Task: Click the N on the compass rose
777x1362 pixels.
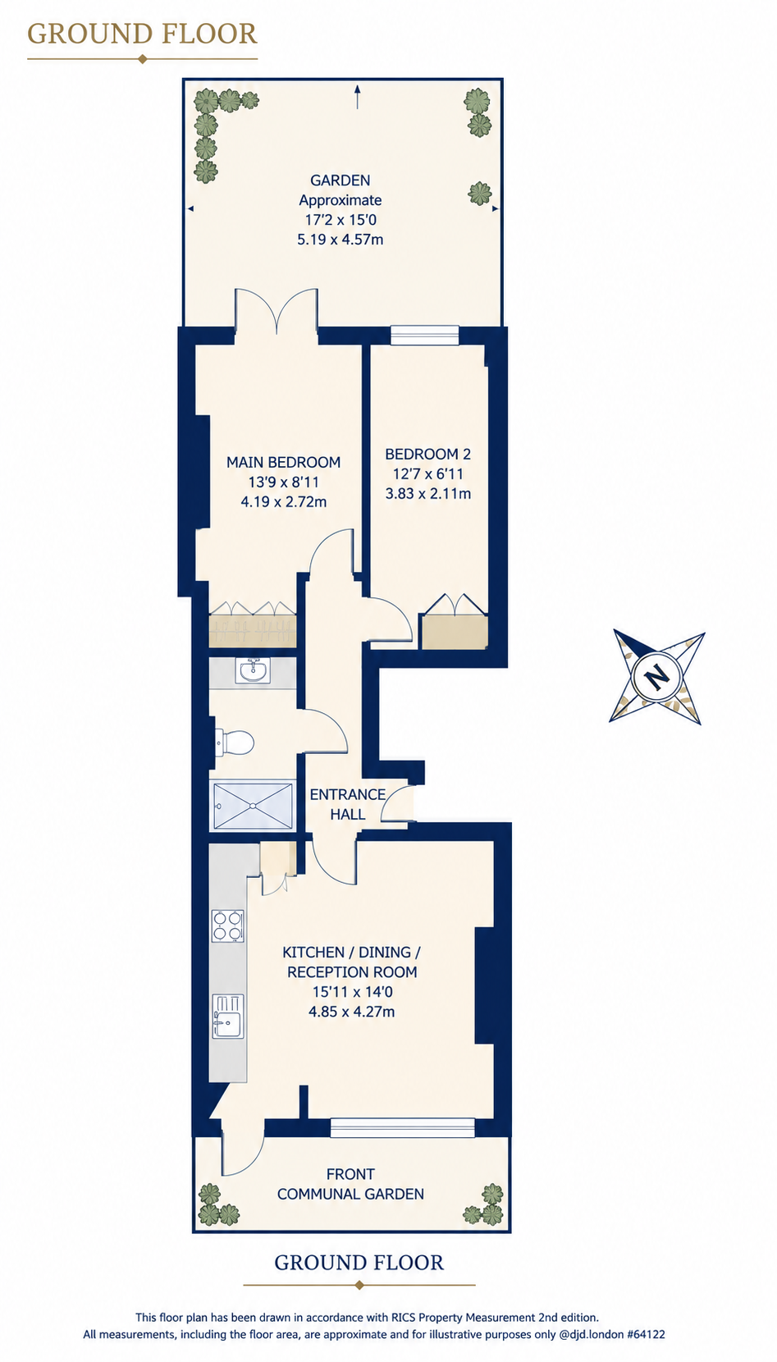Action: pos(656,677)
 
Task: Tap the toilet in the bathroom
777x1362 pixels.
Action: pos(235,743)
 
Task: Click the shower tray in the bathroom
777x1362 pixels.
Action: pos(253,805)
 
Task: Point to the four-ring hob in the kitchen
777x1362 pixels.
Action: pos(228,926)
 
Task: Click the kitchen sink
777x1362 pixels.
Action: pos(228,1016)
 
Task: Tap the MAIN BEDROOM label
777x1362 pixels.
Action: pos(283,462)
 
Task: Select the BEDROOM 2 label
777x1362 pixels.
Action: pos(428,455)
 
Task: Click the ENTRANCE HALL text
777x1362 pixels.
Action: pos(348,804)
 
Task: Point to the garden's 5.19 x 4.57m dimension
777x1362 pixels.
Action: pos(341,240)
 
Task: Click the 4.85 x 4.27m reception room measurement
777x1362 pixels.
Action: pos(352,1012)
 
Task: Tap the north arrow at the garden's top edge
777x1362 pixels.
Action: pos(358,97)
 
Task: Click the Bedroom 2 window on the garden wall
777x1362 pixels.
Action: pos(424,335)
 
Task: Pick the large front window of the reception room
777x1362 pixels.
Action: pos(403,1127)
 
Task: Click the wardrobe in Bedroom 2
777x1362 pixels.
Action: pos(455,621)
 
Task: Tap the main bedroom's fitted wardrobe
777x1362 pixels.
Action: pos(253,624)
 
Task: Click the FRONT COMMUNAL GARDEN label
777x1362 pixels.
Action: pos(351,1184)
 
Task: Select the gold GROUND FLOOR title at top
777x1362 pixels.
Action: pos(142,34)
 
